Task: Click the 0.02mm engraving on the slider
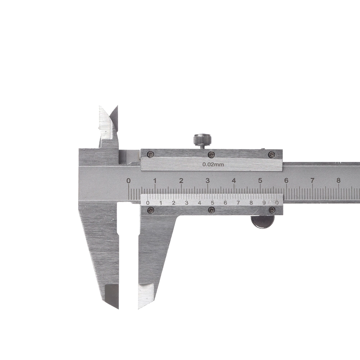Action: pos(213,165)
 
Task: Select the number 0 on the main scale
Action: pos(129,181)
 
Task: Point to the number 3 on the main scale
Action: pos(208,181)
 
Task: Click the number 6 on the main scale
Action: pos(286,181)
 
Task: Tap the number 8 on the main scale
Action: pos(338,180)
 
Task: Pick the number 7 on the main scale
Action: pos(312,181)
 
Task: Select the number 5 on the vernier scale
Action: pos(212,203)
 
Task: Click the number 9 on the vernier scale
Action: pos(264,203)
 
